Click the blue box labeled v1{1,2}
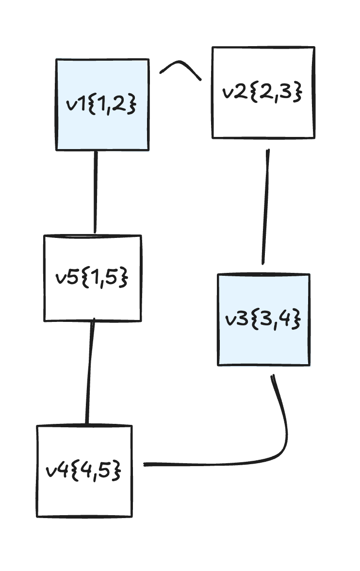[102, 126]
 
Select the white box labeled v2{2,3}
[263, 117]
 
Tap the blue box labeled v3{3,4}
[263, 345]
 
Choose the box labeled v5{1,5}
[93, 301]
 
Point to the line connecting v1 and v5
[96, 192]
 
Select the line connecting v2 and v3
[266, 206]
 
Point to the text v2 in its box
[232, 93]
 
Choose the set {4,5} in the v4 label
[96, 471]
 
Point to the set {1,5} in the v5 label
[105, 278]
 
